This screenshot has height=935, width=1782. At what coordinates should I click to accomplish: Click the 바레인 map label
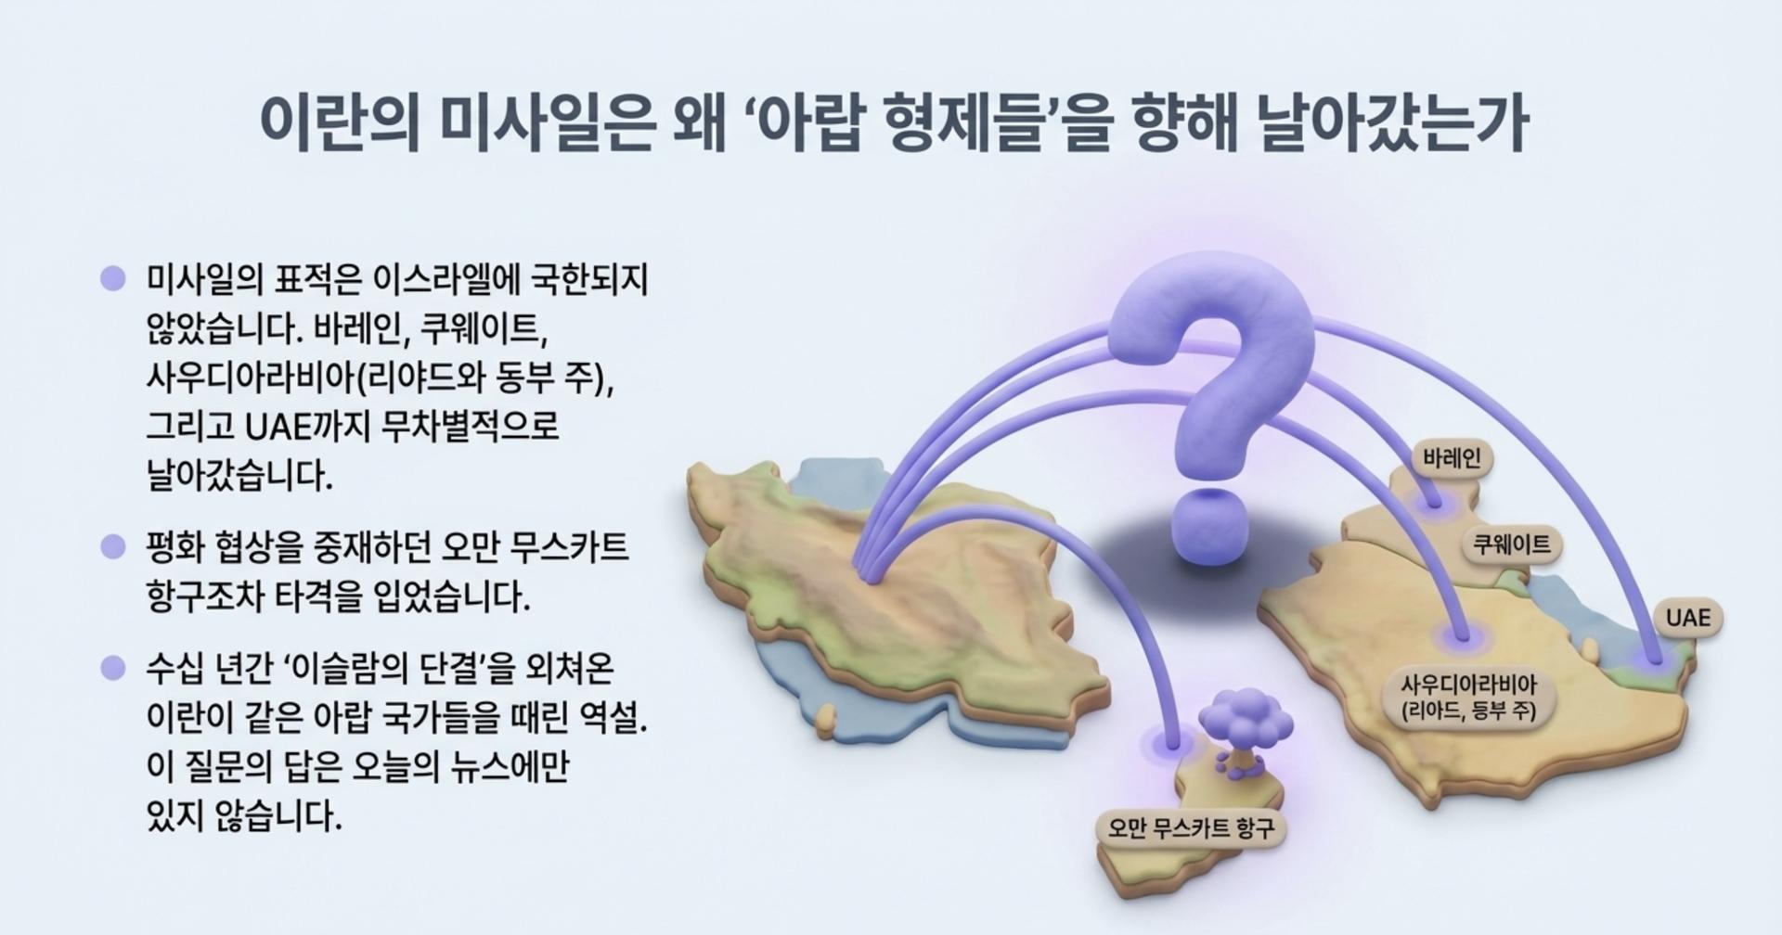click(1452, 458)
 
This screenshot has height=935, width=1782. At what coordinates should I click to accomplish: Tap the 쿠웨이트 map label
click(1512, 544)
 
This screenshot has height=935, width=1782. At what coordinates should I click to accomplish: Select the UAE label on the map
click(1687, 618)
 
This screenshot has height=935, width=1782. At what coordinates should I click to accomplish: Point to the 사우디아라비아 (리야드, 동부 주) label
click(1468, 698)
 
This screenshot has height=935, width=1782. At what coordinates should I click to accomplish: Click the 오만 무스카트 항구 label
click(1191, 827)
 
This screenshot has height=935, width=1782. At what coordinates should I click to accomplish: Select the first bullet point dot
click(112, 278)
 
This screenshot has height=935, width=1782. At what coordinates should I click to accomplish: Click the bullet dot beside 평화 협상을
click(112, 546)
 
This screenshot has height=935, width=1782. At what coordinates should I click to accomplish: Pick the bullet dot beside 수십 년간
click(112, 668)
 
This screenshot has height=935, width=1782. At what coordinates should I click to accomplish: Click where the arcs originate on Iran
click(867, 572)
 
